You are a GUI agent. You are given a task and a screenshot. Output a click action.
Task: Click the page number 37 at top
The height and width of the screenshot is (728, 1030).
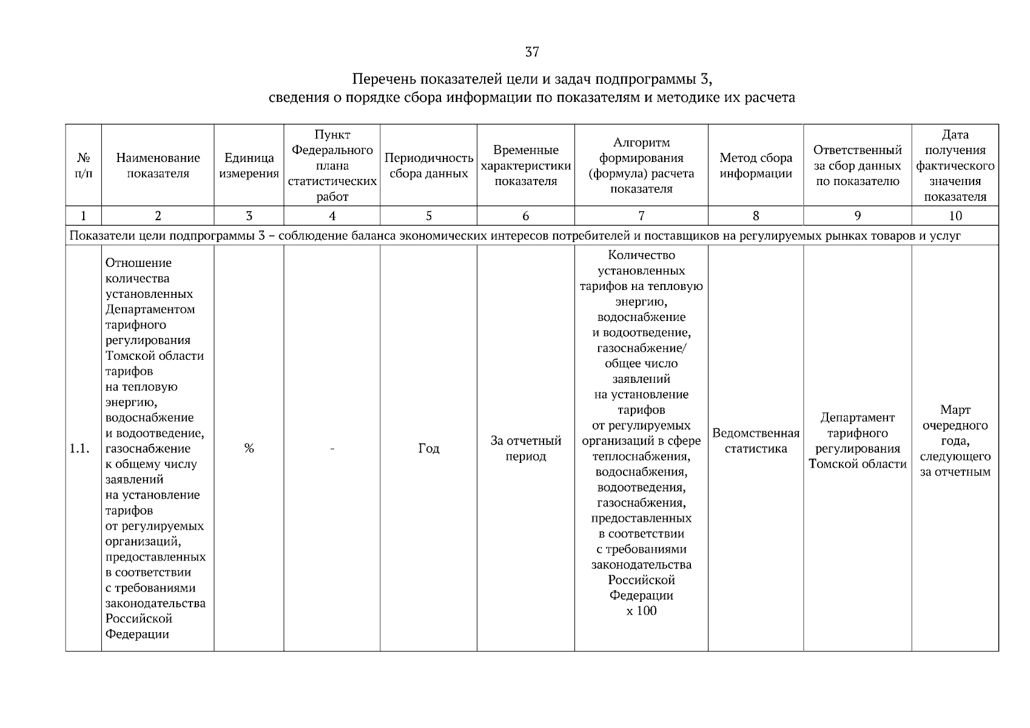[x=531, y=52]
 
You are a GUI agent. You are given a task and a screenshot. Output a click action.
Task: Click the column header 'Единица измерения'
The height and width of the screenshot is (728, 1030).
[x=249, y=166]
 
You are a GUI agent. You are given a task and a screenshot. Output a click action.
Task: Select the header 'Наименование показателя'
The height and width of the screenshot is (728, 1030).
[x=158, y=166]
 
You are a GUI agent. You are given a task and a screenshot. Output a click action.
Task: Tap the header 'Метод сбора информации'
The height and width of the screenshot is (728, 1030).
[x=756, y=166]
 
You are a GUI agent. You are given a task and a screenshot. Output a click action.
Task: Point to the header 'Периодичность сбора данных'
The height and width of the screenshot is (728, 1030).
[x=429, y=166]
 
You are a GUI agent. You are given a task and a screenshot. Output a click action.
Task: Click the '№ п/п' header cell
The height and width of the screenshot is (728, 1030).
[x=84, y=166]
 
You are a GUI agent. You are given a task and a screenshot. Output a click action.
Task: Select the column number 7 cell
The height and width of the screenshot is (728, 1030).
[x=641, y=216]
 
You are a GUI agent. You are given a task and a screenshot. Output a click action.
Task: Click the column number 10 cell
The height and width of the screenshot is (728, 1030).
[x=955, y=216]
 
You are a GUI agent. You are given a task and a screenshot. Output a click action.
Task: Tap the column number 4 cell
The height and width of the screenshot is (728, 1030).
[x=332, y=216]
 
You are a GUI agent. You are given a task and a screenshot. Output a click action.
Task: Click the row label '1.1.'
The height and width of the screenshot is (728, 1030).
[x=79, y=449]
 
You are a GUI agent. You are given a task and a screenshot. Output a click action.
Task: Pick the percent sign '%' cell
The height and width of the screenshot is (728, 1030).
[x=249, y=449]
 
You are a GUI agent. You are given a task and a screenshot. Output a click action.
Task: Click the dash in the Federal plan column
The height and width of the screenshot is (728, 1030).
[x=332, y=449]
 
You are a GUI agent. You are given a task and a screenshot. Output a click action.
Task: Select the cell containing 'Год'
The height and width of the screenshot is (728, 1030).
[x=429, y=449]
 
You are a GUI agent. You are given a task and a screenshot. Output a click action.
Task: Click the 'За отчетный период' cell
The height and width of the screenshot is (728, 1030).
[x=525, y=449]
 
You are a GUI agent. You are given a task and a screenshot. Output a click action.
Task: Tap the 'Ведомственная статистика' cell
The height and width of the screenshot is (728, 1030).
[x=756, y=441]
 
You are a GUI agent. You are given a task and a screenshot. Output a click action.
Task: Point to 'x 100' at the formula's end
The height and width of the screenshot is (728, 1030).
[x=641, y=611]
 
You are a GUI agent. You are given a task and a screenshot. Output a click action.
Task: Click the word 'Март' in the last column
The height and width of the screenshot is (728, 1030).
[x=955, y=410]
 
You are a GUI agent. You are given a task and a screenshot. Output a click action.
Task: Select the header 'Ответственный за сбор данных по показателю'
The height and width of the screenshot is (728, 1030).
[x=857, y=166]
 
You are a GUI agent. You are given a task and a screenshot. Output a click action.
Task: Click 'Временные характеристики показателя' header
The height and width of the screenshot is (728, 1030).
[x=525, y=166]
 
